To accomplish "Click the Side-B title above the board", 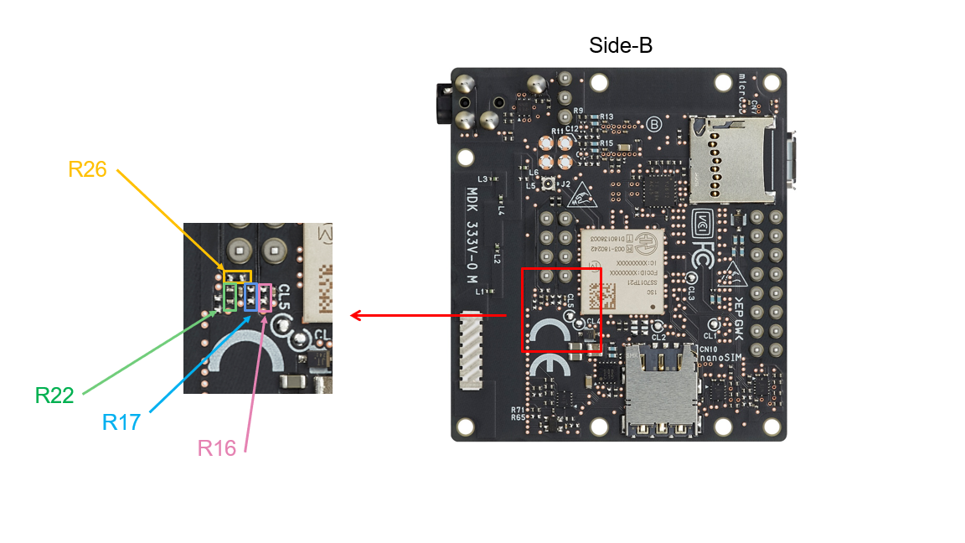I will click(620, 45).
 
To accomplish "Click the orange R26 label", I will click(87, 168).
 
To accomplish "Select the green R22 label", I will click(54, 395).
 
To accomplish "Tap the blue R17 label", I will click(121, 421).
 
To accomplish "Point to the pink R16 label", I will click(217, 447).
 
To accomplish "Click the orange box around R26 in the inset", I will click(238, 276).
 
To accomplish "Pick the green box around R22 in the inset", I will click(230, 297).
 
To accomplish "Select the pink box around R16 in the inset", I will click(266, 297).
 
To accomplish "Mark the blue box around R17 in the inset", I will click(250, 297).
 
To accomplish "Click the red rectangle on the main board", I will click(561, 309).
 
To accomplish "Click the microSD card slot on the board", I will click(730, 159).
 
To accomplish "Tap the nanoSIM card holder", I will click(661, 388).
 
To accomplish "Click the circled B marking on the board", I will click(655, 124).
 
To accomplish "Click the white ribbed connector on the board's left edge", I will click(471, 351).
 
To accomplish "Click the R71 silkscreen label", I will click(518, 409).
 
